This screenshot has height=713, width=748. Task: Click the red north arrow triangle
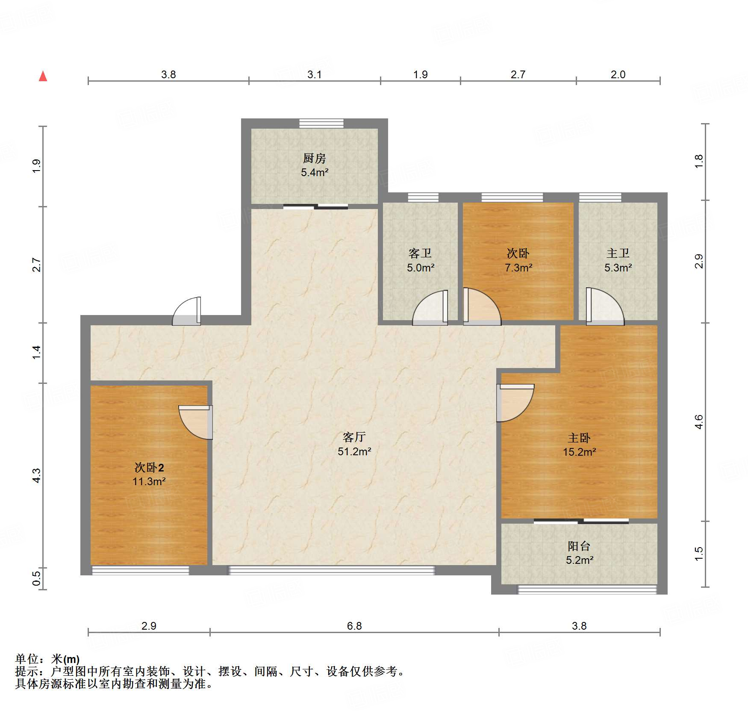43,76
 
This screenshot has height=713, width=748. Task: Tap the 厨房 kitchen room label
315,158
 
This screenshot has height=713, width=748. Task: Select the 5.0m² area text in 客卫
421,268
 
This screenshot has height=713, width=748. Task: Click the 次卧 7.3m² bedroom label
518,253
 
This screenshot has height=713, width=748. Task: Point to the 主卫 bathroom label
618,253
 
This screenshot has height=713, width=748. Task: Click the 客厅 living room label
354,437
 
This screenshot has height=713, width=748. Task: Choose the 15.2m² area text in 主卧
579,452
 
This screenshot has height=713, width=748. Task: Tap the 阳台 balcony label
579,546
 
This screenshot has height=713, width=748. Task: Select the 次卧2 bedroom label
149,467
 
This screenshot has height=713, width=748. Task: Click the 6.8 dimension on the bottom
354,626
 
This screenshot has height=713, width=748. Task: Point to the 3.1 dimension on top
315,74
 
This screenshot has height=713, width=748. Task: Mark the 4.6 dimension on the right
698,422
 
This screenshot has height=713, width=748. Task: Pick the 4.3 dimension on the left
37,475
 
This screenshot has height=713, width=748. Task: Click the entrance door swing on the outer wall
186,311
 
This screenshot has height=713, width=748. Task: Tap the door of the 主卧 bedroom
515,403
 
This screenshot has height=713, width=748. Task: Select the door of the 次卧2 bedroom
196,422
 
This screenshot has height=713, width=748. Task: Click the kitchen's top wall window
321,123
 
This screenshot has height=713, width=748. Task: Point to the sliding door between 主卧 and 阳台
581,521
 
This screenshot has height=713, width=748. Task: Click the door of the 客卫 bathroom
430,308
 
